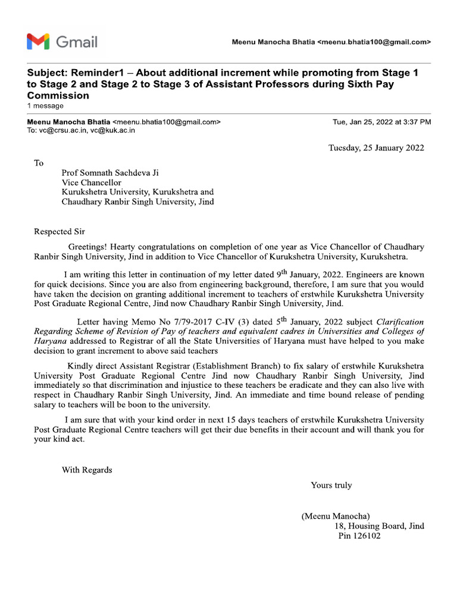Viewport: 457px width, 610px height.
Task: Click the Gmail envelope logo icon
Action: click(37, 42)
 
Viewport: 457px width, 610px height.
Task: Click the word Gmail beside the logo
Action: click(77, 42)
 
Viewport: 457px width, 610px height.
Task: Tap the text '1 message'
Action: click(45, 106)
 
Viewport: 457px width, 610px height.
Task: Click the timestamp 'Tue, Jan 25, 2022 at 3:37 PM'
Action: click(382, 122)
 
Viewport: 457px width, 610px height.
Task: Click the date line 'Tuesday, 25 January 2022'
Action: click(376, 148)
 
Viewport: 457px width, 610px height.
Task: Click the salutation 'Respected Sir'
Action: click(60, 231)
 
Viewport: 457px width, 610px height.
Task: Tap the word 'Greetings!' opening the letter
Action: click(88, 247)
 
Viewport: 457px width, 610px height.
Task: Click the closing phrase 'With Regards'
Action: click(87, 470)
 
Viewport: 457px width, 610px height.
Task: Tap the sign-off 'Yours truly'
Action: click(331, 485)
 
